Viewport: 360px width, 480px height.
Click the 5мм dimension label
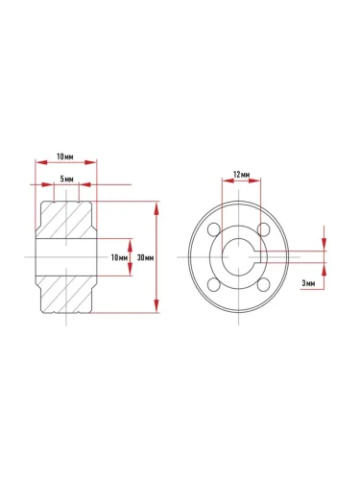point(67,179)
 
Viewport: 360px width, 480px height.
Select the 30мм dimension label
point(146,257)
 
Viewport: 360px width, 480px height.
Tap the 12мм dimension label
point(242,175)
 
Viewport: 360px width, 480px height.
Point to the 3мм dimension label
point(308,283)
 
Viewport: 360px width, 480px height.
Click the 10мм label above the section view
point(65,156)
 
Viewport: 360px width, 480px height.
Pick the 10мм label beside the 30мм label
point(120,257)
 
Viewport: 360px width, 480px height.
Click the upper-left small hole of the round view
point(213,229)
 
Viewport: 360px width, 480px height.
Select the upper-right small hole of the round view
point(264,229)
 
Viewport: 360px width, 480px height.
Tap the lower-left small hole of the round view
point(213,284)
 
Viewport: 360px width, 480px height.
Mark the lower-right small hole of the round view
point(264,284)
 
